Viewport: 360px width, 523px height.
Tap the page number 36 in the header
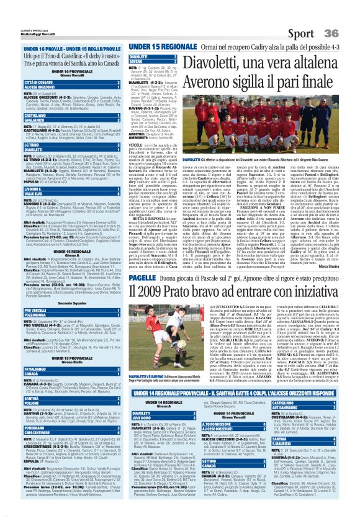(x=339, y=15)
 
